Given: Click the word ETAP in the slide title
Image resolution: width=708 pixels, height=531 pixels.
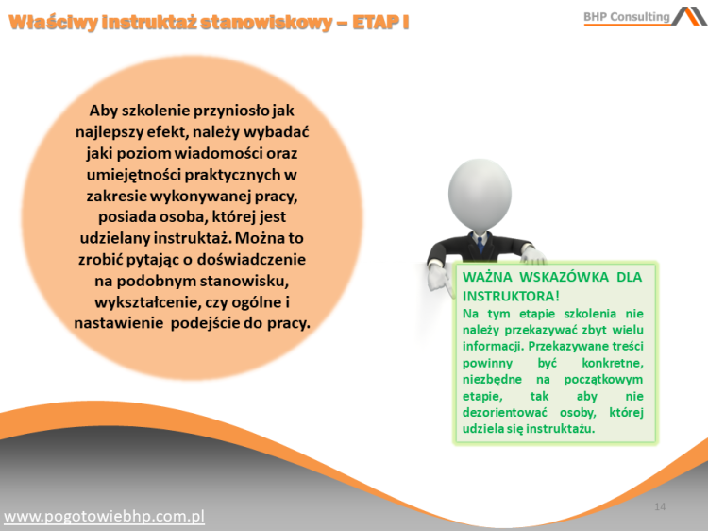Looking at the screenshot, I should pyautogui.click(x=376, y=21).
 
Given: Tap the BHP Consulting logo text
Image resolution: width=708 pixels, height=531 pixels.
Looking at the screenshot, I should pyautogui.click(x=626, y=16).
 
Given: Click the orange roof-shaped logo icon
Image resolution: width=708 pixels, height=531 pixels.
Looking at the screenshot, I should pyautogui.click(x=688, y=16).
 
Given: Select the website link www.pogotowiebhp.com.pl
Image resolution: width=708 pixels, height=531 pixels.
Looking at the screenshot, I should pyautogui.click(x=105, y=516).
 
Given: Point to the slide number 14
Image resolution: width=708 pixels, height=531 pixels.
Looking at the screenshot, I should pyautogui.click(x=660, y=507).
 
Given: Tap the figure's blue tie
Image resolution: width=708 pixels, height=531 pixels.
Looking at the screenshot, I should pyautogui.click(x=480, y=245).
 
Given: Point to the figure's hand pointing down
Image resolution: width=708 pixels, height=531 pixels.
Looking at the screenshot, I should pyautogui.click(x=437, y=280).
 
